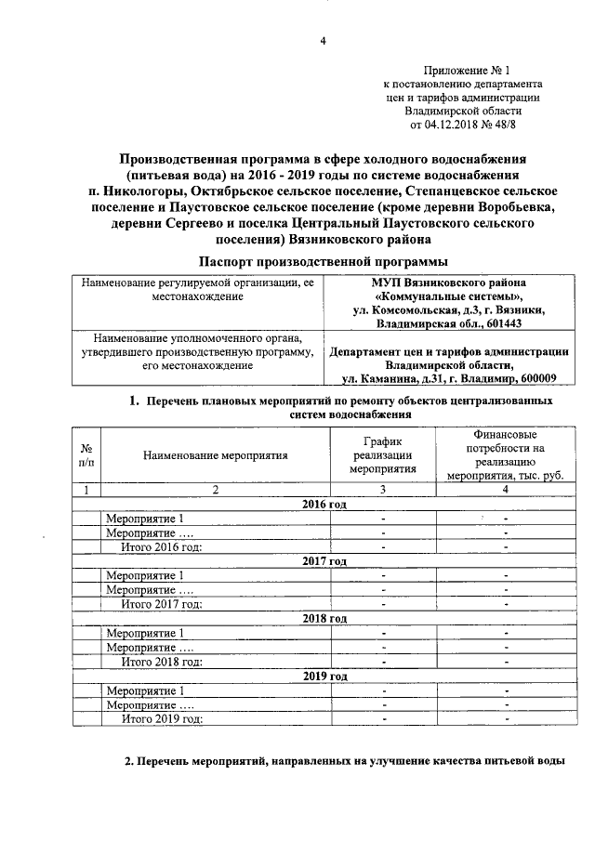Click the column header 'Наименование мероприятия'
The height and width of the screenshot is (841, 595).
pos(216,455)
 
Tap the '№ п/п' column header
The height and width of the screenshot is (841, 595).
pos(86,454)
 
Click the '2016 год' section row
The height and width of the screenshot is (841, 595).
pos(324,504)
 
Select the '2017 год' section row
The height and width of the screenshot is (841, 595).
pos(324,561)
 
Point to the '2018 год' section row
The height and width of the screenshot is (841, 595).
pos(324,618)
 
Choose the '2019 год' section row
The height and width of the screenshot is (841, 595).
pos(324,676)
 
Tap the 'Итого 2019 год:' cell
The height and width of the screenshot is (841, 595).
pos(163,718)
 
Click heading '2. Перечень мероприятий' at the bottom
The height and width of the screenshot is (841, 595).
pos(344,762)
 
